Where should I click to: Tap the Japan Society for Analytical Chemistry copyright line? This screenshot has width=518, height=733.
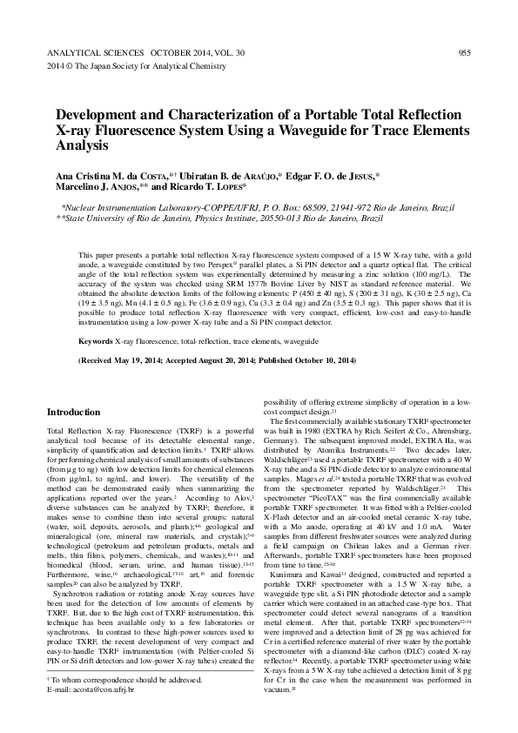click(130, 66)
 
